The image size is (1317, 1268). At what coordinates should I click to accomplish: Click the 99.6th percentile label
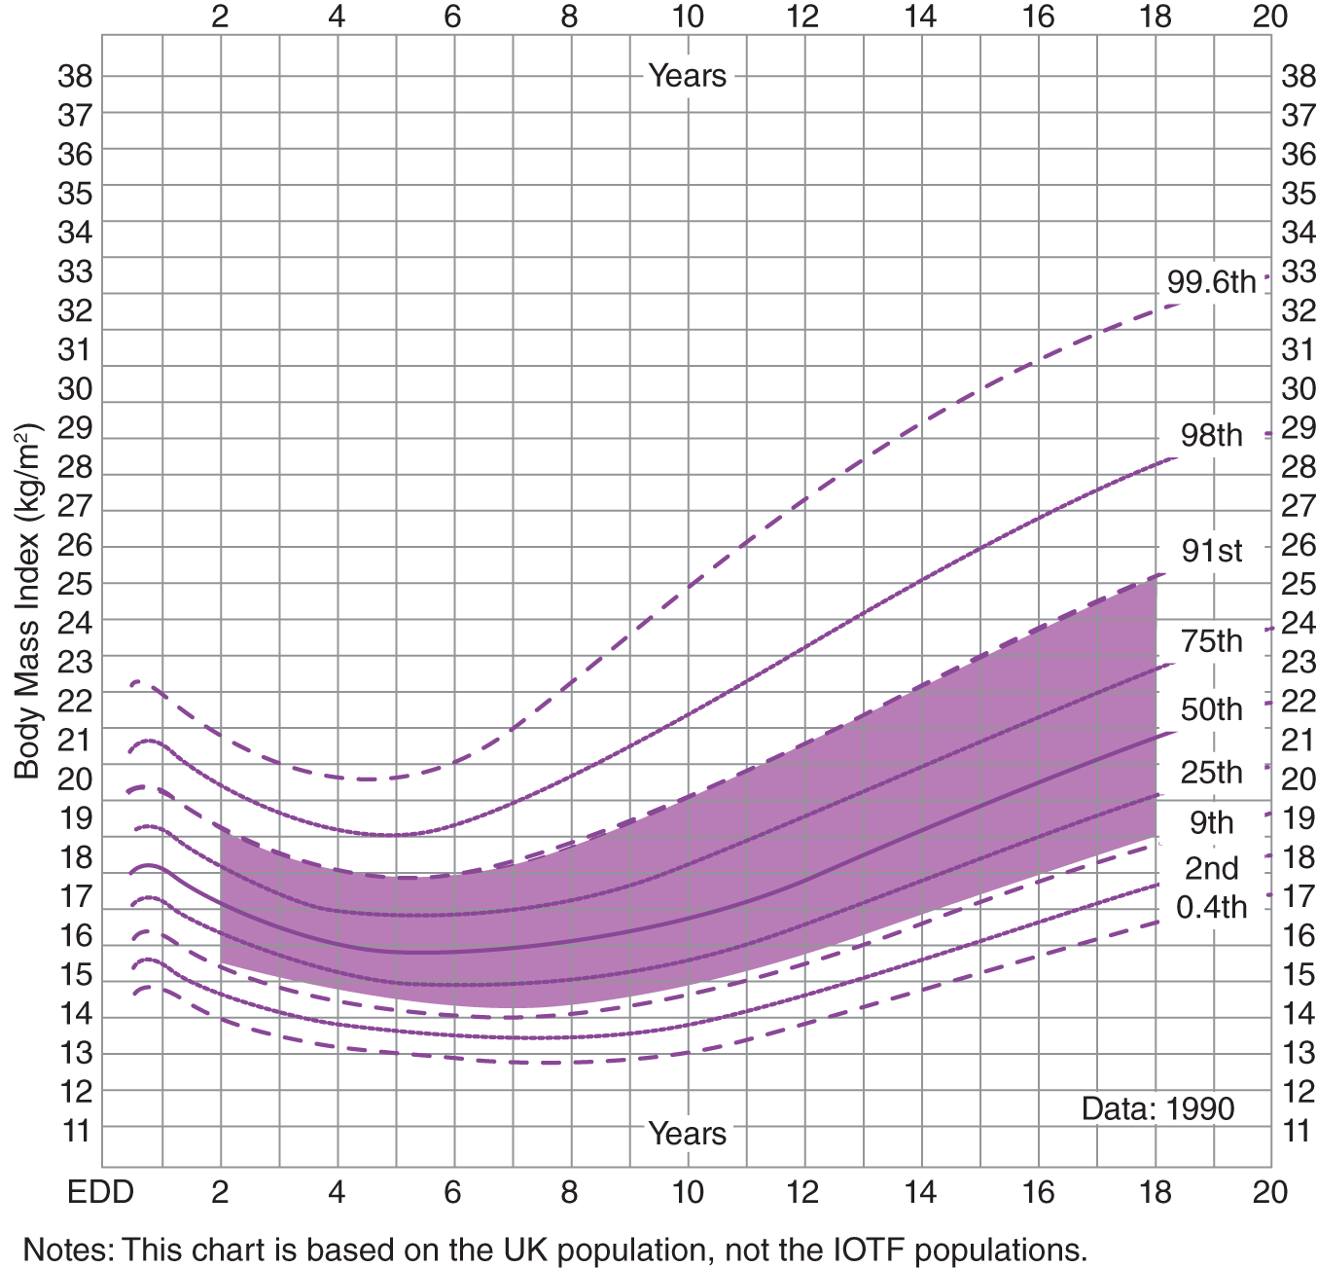1211,282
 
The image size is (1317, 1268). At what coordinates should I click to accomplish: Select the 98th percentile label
1211,435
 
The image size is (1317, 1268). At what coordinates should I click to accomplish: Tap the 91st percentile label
1211,551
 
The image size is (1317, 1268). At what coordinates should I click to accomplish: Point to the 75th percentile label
1211,641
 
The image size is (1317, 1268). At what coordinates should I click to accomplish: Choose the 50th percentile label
1211,709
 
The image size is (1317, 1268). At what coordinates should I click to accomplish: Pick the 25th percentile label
1211,773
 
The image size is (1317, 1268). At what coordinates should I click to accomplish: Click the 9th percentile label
1211,823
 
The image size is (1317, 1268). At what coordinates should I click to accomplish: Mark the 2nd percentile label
1211,868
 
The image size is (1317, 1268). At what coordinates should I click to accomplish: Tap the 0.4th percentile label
1211,907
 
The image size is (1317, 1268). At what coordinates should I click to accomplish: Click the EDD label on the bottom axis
100,1192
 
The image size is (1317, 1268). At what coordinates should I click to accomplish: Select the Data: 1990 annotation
1157,1108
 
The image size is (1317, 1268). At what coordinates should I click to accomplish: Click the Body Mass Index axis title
27,600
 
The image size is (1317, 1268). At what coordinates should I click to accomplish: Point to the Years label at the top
687,76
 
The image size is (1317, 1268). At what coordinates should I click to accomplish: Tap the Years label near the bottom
687,1134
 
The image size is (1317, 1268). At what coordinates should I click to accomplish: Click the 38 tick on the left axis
75,76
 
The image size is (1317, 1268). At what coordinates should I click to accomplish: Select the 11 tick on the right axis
1298,1131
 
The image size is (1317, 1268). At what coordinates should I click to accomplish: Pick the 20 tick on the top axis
1270,17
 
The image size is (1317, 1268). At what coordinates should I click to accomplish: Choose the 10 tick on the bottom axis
687,1192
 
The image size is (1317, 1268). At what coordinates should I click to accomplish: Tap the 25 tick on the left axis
75,584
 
